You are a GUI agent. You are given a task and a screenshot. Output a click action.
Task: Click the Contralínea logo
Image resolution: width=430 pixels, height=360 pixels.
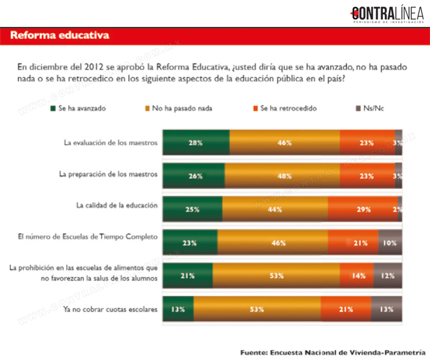(387, 14)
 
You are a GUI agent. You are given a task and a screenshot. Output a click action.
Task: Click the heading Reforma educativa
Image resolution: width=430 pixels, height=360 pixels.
(60, 35)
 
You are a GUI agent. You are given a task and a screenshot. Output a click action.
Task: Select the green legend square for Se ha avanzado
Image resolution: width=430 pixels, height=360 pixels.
(53, 108)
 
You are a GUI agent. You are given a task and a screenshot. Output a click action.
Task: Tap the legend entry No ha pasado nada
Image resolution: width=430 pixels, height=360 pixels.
(178, 108)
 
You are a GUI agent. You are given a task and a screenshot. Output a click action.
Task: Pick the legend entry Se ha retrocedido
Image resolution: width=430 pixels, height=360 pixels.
(285, 108)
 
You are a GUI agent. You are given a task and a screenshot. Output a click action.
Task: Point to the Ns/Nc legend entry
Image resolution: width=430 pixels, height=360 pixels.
(370, 108)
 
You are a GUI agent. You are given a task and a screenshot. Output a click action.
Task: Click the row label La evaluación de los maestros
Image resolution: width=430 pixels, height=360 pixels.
(111, 143)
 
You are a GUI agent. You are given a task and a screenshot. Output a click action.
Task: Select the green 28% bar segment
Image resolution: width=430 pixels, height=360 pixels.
(196, 143)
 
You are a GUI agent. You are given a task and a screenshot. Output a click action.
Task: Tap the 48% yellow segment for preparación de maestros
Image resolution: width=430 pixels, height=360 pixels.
(282, 176)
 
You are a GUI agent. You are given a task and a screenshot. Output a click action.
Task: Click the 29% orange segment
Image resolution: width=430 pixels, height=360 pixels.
(363, 209)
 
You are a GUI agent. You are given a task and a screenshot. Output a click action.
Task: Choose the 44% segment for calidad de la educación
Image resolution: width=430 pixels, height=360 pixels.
(275, 209)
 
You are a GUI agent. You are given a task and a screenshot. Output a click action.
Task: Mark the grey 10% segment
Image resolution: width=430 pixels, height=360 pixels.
(390, 243)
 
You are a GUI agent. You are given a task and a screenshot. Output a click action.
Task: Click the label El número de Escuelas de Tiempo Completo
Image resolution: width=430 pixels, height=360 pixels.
(88, 236)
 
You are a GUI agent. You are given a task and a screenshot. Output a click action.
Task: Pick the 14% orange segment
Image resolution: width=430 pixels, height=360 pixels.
(356, 276)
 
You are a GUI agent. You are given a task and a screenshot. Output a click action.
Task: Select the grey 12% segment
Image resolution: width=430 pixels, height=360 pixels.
(388, 276)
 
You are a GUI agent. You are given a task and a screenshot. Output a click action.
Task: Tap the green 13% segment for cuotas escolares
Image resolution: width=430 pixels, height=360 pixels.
(178, 309)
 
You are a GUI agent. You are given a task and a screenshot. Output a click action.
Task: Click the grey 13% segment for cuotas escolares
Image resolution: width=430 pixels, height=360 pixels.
(386, 309)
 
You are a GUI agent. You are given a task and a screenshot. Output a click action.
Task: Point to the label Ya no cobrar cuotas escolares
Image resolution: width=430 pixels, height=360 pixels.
(111, 309)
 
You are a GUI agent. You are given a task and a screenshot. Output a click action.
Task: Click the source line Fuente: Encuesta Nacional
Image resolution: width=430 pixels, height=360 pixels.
(333, 352)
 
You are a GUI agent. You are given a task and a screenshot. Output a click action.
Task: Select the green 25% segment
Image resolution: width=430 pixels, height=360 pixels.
(192, 209)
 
